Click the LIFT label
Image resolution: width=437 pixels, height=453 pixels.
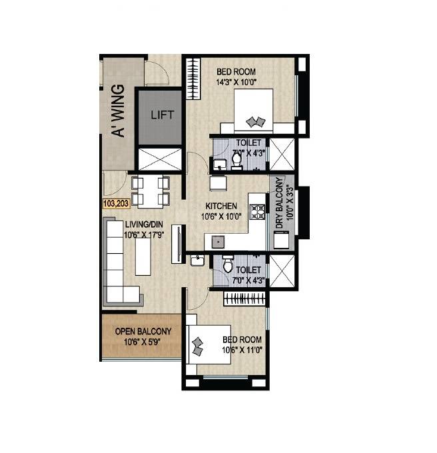click(162, 115)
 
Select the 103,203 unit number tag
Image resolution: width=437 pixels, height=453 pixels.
click(117, 205)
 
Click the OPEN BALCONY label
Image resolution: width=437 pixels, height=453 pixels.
click(143, 331)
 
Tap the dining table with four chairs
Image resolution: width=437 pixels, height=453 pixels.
click(151, 191)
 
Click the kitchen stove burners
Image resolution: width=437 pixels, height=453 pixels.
click(257, 212)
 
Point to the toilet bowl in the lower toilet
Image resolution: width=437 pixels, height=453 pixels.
click(228, 267)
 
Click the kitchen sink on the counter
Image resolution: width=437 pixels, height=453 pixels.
click(216, 242)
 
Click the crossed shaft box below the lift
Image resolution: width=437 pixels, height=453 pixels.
click(159, 159)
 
